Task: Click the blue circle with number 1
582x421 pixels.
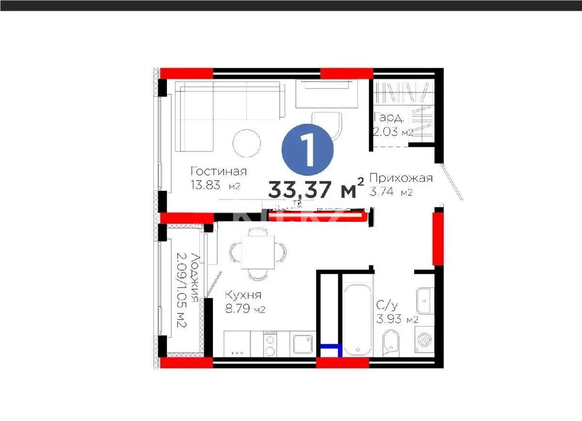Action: pyautogui.click(x=308, y=150)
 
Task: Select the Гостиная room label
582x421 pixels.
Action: pyautogui.click(x=219, y=172)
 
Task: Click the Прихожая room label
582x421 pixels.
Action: pyautogui.click(x=401, y=178)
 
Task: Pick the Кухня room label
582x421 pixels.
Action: pyautogui.click(x=243, y=295)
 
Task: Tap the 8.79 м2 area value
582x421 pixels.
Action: pyautogui.click(x=245, y=309)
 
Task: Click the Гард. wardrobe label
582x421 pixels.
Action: pyautogui.click(x=388, y=118)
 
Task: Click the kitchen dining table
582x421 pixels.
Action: pyautogui.click(x=257, y=252)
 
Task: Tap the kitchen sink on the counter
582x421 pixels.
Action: pyautogui.click(x=304, y=344)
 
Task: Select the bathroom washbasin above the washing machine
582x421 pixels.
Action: pyautogui.click(x=425, y=301)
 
